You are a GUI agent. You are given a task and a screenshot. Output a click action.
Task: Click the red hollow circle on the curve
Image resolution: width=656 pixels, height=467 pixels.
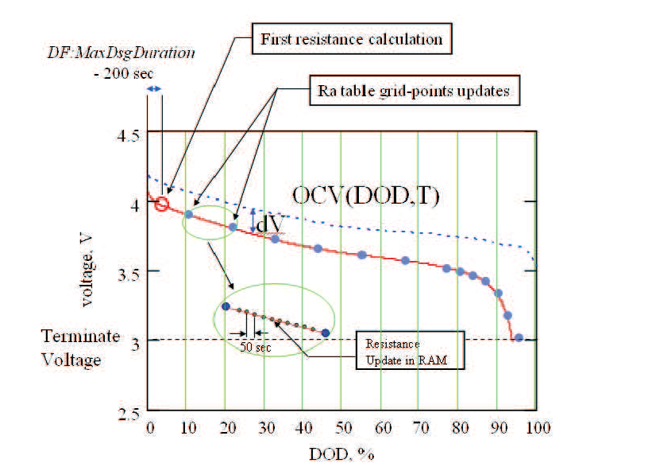click(x=162, y=204)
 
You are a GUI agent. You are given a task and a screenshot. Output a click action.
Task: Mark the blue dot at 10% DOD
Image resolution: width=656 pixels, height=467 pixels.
click(x=188, y=214)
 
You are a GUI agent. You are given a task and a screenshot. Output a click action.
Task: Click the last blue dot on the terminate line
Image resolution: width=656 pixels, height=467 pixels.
click(x=518, y=338)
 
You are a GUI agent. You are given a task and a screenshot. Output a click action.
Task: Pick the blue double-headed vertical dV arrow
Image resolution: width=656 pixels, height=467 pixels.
click(x=252, y=220)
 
